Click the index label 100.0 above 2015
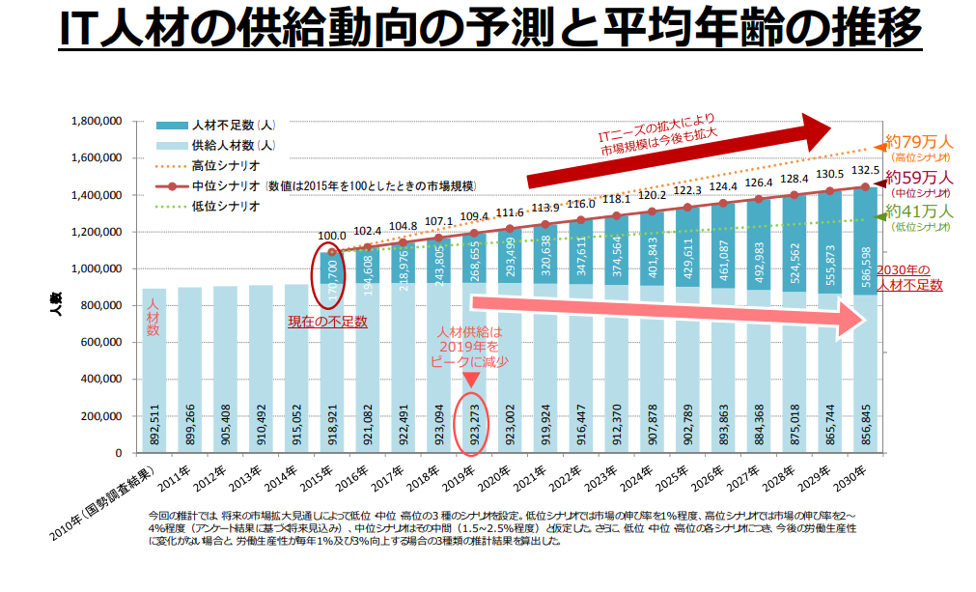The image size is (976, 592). click(333, 235)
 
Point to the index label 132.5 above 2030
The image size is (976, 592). click(865, 170)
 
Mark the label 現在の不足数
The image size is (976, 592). click(327, 322)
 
